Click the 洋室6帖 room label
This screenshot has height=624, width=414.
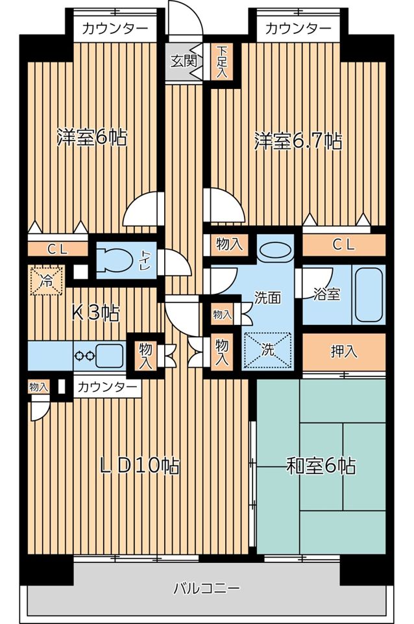pyautogui.click(x=91, y=138)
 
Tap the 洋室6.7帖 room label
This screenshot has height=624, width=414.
pyautogui.click(x=298, y=141)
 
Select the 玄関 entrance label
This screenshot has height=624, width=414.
pyautogui.click(x=184, y=61)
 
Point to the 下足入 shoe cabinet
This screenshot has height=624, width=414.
pyautogui.click(x=222, y=62)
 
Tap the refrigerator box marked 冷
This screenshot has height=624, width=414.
pyautogui.click(x=47, y=281)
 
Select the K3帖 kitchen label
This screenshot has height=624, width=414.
pyautogui.click(x=95, y=313)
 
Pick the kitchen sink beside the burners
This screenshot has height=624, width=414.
pyautogui.click(x=110, y=355)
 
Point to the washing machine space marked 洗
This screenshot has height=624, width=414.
pyautogui.click(x=267, y=348)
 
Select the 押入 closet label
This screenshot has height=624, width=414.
pyautogui.click(x=344, y=352)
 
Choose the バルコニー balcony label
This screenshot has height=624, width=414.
pyautogui.click(x=207, y=589)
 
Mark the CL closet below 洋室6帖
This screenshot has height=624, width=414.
pyautogui.click(x=57, y=249)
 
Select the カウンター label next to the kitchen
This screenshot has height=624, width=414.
pyautogui.click(x=107, y=387)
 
